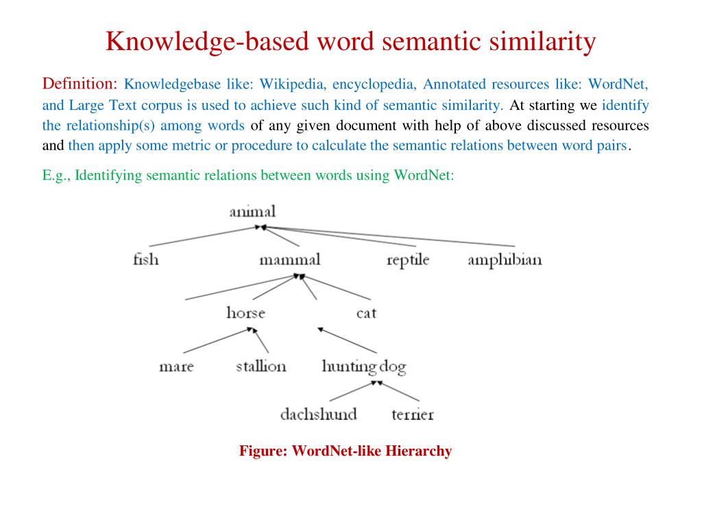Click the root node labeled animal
pos(252,211)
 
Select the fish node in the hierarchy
pos(145,259)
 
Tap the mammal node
pos(289,260)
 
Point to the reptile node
pos(408,260)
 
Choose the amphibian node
pos(505,260)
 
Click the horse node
pos(245,313)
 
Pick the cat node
pos(366,313)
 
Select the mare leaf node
pos(176,366)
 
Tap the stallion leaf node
pos(261,366)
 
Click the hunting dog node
pos(364,366)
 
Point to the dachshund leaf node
pos(318,414)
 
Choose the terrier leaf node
pos(413,414)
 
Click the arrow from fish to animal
pos(206,235)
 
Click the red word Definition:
pos(80,84)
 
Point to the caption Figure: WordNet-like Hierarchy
pos(346,451)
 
